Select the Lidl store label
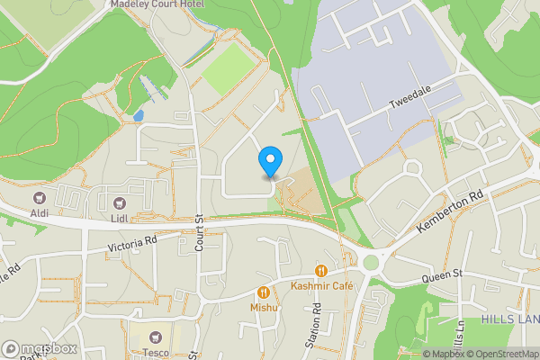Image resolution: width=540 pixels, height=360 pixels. tap(120, 216)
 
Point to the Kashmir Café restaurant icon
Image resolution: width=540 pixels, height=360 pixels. tap(319, 271)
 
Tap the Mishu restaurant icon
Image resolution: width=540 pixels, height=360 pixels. tap(263, 292)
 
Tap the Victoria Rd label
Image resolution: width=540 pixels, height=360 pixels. tap(132, 244)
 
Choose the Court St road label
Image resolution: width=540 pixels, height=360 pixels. tap(200, 231)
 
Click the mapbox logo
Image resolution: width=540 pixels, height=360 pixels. tap(39, 348)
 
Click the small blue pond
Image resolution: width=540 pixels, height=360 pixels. tap(137, 116)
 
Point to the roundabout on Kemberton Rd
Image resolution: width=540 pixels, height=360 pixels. tap(370, 263)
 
